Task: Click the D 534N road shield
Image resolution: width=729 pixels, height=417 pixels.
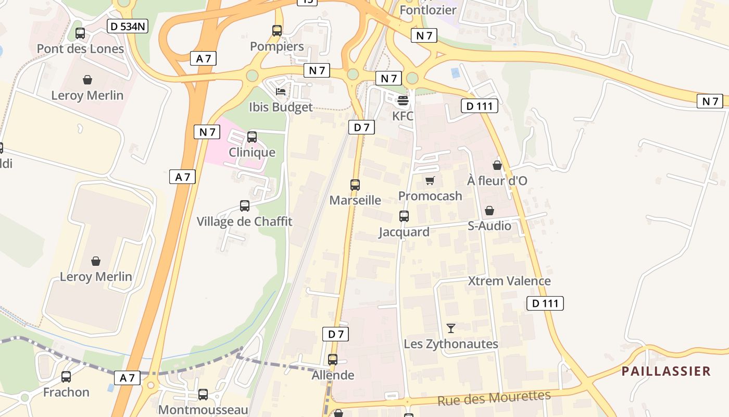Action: tap(128, 26)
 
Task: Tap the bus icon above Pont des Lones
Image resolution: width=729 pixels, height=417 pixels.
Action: tap(80, 33)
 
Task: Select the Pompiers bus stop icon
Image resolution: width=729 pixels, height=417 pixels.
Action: tap(277, 31)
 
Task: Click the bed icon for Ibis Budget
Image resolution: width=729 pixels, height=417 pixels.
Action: tap(281, 92)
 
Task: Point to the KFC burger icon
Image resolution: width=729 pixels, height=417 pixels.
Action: tap(403, 100)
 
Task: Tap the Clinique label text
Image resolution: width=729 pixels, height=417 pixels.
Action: tap(253, 153)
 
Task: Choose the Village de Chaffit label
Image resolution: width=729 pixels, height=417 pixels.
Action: tap(244, 222)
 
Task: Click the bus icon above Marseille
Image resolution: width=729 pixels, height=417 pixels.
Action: tap(355, 185)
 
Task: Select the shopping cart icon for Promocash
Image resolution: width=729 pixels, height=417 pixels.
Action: tap(430, 180)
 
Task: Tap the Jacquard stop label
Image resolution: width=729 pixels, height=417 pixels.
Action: tap(404, 232)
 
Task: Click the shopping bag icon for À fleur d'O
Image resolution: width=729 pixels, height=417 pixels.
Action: tap(497, 165)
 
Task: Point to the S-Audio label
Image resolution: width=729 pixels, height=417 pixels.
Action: tap(489, 226)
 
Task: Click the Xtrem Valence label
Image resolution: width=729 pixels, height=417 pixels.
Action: tap(509, 281)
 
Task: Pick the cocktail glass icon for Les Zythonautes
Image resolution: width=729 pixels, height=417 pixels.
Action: tap(451, 328)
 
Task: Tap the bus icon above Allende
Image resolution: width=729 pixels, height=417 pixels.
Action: tap(333, 359)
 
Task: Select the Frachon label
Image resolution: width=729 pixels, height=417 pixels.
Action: tap(66, 392)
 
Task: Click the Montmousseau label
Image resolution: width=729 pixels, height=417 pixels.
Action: tap(203, 410)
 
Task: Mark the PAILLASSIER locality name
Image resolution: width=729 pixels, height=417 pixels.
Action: tap(667, 371)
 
